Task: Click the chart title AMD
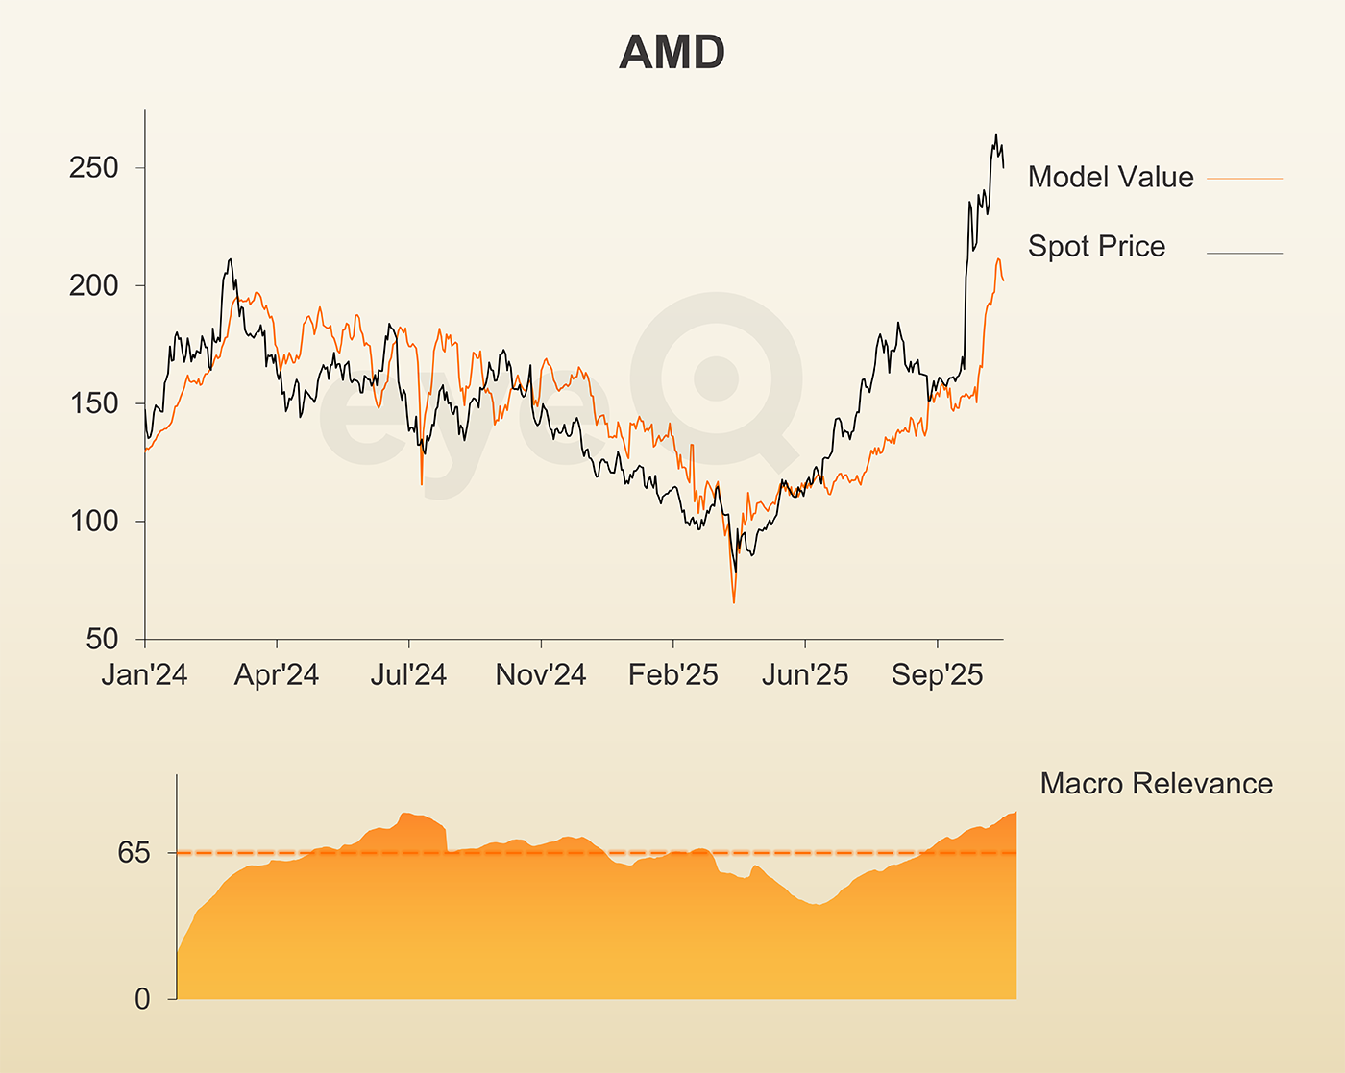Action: (x=672, y=52)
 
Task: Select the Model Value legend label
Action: (x=1110, y=177)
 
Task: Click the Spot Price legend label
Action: (x=1096, y=246)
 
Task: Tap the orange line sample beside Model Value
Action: (x=1244, y=179)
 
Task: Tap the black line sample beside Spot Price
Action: (x=1244, y=254)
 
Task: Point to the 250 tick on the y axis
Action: (x=93, y=168)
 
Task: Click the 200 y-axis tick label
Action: (x=93, y=285)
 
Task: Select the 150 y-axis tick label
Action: (x=93, y=403)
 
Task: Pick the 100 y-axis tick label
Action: (x=93, y=522)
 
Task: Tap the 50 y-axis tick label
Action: (x=102, y=639)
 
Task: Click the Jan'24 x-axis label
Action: (x=144, y=675)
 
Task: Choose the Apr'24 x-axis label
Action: (x=277, y=675)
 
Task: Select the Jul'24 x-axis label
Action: (x=408, y=675)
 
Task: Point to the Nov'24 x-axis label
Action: (x=541, y=675)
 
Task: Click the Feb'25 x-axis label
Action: (x=672, y=675)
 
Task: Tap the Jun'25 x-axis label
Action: (x=805, y=675)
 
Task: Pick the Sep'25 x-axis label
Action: (x=937, y=675)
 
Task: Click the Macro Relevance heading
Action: (x=1156, y=784)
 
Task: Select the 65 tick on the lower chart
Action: (x=134, y=852)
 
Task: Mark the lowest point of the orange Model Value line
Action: (x=734, y=602)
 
